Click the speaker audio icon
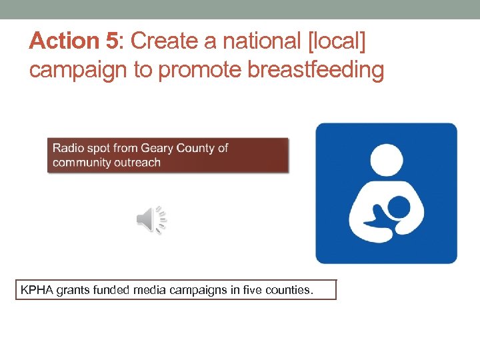tap(151, 220)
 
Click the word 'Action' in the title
tap(64, 41)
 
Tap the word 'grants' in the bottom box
tap(75, 290)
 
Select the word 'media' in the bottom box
tap(153, 290)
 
